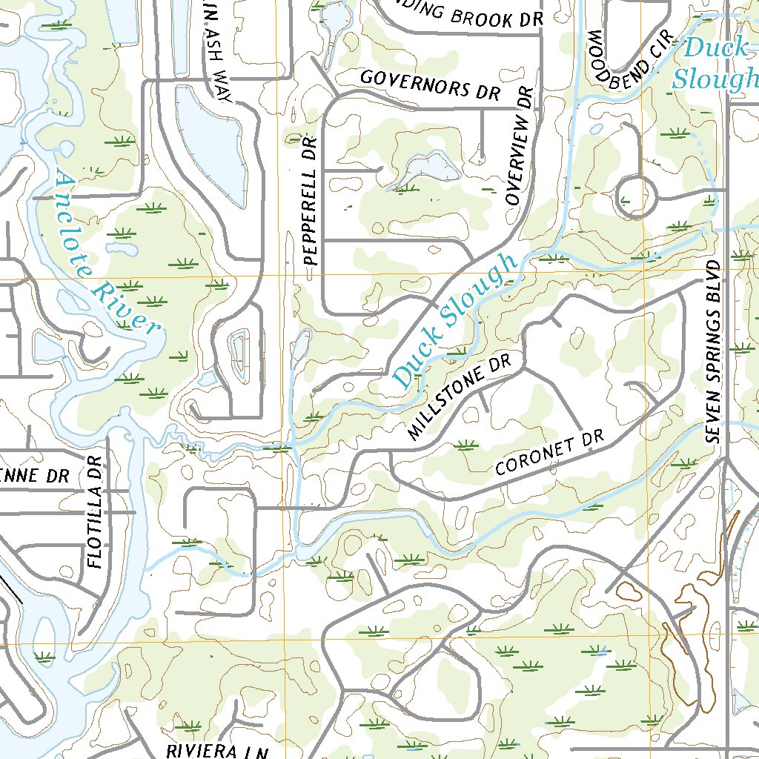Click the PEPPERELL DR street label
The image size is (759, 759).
coord(311,202)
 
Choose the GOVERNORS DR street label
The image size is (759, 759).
coord(430,84)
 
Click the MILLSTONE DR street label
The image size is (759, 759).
coord(460,397)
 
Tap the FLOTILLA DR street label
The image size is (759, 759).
coord(94,512)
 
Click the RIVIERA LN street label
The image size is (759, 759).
coord(217,751)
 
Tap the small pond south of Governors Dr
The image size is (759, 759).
coord(427,168)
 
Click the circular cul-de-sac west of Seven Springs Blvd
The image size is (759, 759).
coord(637,197)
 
